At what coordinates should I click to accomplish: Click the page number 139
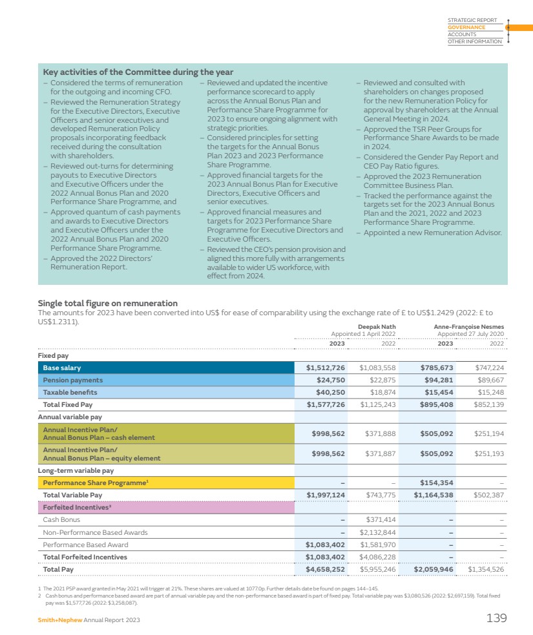coord(496,618)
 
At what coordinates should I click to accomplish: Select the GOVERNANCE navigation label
coord(466,27)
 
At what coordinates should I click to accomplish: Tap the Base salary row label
coord(62,368)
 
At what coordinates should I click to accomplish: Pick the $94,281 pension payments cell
coord(437,380)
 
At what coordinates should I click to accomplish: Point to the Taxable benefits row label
coord(70,392)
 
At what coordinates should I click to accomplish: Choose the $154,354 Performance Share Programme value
coord(436,483)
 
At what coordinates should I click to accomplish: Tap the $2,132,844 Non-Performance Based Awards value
coord(377,532)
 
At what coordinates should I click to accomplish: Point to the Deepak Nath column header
coord(377,327)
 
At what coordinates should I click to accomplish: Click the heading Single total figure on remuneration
coord(107,303)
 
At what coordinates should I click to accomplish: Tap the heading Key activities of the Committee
coord(138,72)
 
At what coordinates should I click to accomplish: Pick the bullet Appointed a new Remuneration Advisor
coord(432,233)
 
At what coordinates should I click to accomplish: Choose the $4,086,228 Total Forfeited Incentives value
coord(377,557)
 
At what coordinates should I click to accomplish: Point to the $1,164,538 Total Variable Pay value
coord(434,495)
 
